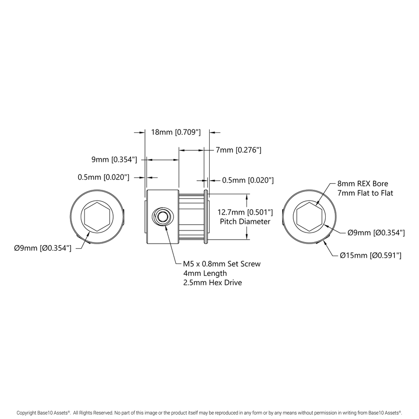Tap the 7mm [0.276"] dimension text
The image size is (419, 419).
[x=239, y=150]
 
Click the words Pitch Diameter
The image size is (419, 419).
[x=245, y=221]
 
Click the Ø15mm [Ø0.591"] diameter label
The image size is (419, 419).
[x=371, y=255]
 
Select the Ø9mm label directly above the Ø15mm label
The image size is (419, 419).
[x=376, y=232]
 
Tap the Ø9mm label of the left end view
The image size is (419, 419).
[x=43, y=248]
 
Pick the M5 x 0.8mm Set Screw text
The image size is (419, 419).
[x=222, y=264]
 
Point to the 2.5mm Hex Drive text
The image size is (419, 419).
[x=212, y=282]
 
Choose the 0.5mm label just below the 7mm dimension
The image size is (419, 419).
[x=248, y=180]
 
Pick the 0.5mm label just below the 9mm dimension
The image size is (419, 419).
[x=103, y=177]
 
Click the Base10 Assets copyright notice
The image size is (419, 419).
[x=209, y=413]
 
